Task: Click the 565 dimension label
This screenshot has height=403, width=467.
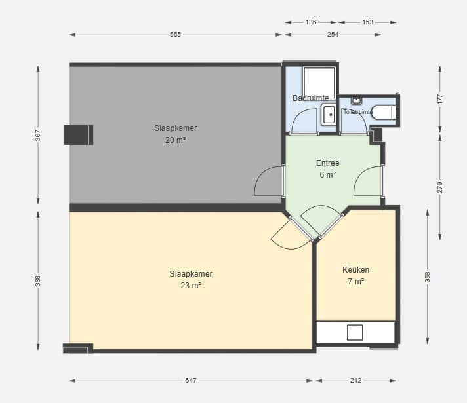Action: (x=175, y=35)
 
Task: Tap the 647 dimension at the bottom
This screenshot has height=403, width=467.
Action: (x=191, y=380)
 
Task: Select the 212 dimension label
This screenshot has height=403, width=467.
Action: (x=356, y=380)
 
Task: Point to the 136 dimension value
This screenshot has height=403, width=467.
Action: (x=311, y=22)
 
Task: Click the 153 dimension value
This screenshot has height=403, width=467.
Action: (x=368, y=22)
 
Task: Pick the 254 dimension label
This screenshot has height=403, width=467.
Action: (x=333, y=35)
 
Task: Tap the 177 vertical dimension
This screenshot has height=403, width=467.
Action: (x=440, y=99)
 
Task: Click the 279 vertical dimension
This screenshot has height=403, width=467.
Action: (x=440, y=187)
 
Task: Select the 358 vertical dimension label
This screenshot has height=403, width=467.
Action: (x=428, y=277)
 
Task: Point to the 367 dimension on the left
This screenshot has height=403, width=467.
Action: (x=38, y=135)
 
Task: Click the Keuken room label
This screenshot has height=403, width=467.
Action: (x=356, y=270)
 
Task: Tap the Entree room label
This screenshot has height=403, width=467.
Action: (x=327, y=163)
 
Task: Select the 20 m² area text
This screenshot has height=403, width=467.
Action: (x=175, y=140)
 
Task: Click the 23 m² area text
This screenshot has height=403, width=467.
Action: (x=191, y=286)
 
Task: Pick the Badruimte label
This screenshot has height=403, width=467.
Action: (x=311, y=98)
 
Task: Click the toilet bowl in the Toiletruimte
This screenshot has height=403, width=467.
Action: (x=384, y=112)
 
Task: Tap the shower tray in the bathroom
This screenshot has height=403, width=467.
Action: (x=319, y=83)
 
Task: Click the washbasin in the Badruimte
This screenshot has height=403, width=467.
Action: (x=329, y=115)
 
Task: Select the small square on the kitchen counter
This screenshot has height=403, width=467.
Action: (x=355, y=332)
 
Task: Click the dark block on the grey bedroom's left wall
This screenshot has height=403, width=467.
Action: (x=79, y=135)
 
